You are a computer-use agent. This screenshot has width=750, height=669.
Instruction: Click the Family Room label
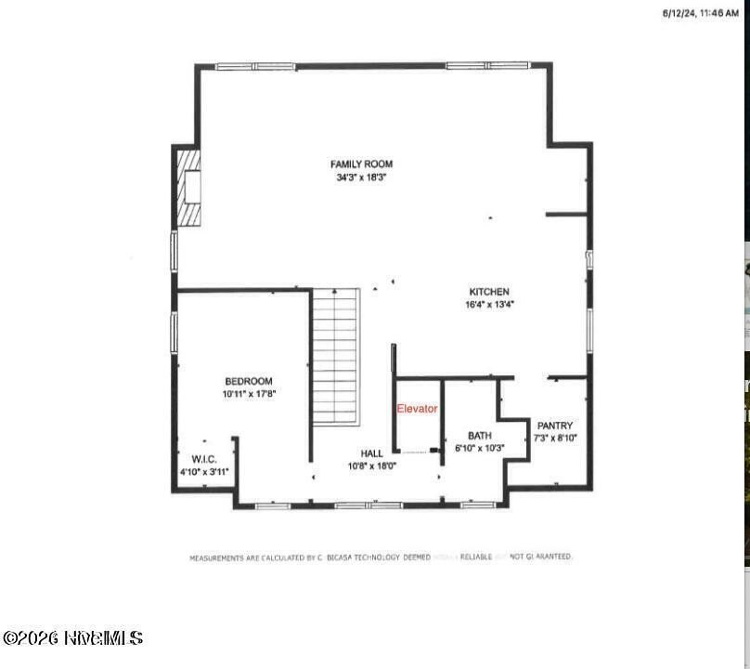click(x=361, y=164)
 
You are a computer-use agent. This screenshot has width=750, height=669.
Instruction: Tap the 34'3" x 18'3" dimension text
click(x=361, y=177)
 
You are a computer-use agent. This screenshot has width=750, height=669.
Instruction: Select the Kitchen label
click(x=489, y=292)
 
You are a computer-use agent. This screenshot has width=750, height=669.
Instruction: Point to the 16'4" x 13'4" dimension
click(x=489, y=304)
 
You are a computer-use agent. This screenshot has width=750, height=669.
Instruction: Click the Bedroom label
click(x=249, y=382)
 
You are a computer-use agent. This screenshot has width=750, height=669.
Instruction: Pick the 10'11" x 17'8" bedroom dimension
click(x=249, y=394)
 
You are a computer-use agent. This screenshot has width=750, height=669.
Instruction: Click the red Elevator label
click(x=417, y=409)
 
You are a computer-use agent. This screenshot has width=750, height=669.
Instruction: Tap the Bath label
click(x=479, y=436)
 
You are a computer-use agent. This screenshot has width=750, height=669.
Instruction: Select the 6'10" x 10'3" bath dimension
click(x=479, y=448)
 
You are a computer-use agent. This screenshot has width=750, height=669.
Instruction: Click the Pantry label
click(x=555, y=426)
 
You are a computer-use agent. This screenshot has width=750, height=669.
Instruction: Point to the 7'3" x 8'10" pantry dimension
click(x=555, y=438)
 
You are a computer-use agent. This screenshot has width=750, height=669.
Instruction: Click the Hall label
click(x=371, y=454)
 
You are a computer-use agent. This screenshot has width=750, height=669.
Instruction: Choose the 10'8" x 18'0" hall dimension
click(x=371, y=466)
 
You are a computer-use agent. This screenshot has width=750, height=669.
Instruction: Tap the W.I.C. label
click(x=204, y=460)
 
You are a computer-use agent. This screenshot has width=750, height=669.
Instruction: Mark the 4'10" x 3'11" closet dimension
click(x=204, y=472)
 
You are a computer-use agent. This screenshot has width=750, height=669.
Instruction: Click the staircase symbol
click(x=335, y=356)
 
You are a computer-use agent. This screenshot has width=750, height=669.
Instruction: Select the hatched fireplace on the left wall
click(x=189, y=188)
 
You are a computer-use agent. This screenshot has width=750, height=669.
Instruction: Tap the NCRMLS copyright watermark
click(x=72, y=638)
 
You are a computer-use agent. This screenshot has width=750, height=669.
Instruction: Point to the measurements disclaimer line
click(x=381, y=557)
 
